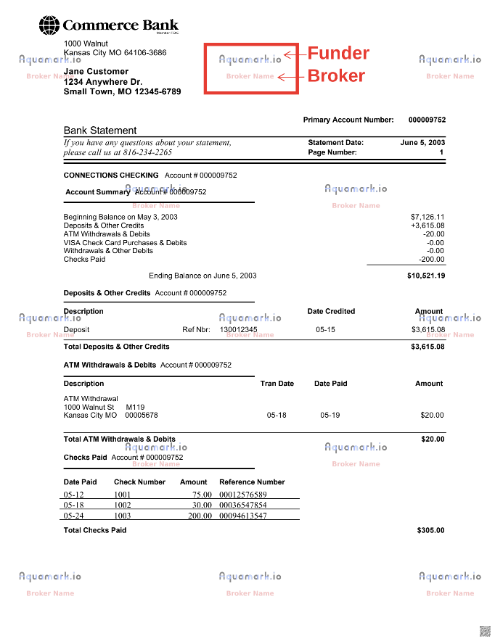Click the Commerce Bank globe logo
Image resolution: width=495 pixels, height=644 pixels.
coord(50,26)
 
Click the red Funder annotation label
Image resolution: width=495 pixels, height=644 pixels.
coord(338,53)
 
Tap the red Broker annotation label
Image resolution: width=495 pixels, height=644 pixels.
coord(336,75)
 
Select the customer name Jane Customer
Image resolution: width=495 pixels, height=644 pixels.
coord(96,71)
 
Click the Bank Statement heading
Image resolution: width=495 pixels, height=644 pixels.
coord(100,131)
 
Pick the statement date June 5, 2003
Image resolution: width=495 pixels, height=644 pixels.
coord(422,142)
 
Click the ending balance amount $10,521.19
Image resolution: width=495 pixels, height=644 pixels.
coord(426,276)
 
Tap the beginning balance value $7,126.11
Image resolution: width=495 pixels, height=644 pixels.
coord(427,217)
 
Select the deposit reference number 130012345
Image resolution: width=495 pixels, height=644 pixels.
coord(238,329)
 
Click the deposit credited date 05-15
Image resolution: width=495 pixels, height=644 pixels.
coord(325,329)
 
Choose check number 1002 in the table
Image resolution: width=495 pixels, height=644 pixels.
coord(123,505)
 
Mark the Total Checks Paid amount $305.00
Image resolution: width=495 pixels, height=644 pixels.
coord(430,530)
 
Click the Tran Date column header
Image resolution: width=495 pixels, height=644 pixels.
coord(277,384)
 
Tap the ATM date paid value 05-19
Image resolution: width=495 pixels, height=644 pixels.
coord(330,416)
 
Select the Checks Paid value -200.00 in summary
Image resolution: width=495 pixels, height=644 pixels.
coord(432,259)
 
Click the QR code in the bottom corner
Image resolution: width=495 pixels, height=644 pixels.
coord(484,629)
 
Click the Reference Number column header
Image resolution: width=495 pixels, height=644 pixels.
coord(252,482)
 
